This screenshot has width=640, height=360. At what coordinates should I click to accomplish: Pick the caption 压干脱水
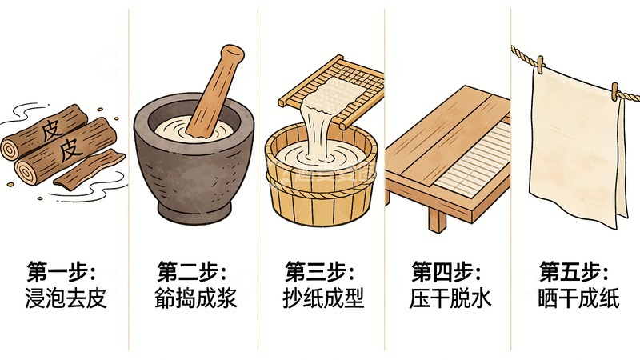[449, 298]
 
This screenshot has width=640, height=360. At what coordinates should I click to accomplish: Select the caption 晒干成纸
[576, 298]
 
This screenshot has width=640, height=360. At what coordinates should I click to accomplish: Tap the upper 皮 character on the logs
[50, 127]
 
